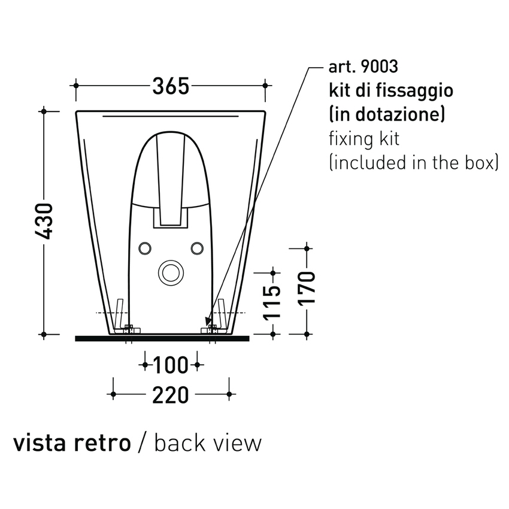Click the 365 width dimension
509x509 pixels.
[171, 86]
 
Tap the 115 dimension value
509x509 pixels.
[272, 302]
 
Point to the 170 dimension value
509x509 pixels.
[307, 289]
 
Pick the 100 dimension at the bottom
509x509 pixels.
[171, 364]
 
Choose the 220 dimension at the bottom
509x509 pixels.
[171, 395]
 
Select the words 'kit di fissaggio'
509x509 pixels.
[390, 90]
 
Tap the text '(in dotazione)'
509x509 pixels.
[386, 114]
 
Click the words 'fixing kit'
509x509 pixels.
[364, 138]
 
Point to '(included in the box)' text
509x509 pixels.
[414, 162]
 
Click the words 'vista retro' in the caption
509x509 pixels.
[72, 443]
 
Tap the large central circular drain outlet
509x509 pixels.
[171, 272]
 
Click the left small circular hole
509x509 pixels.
[145, 247]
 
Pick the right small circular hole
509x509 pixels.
[197, 247]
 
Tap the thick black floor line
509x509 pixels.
[162, 338]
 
